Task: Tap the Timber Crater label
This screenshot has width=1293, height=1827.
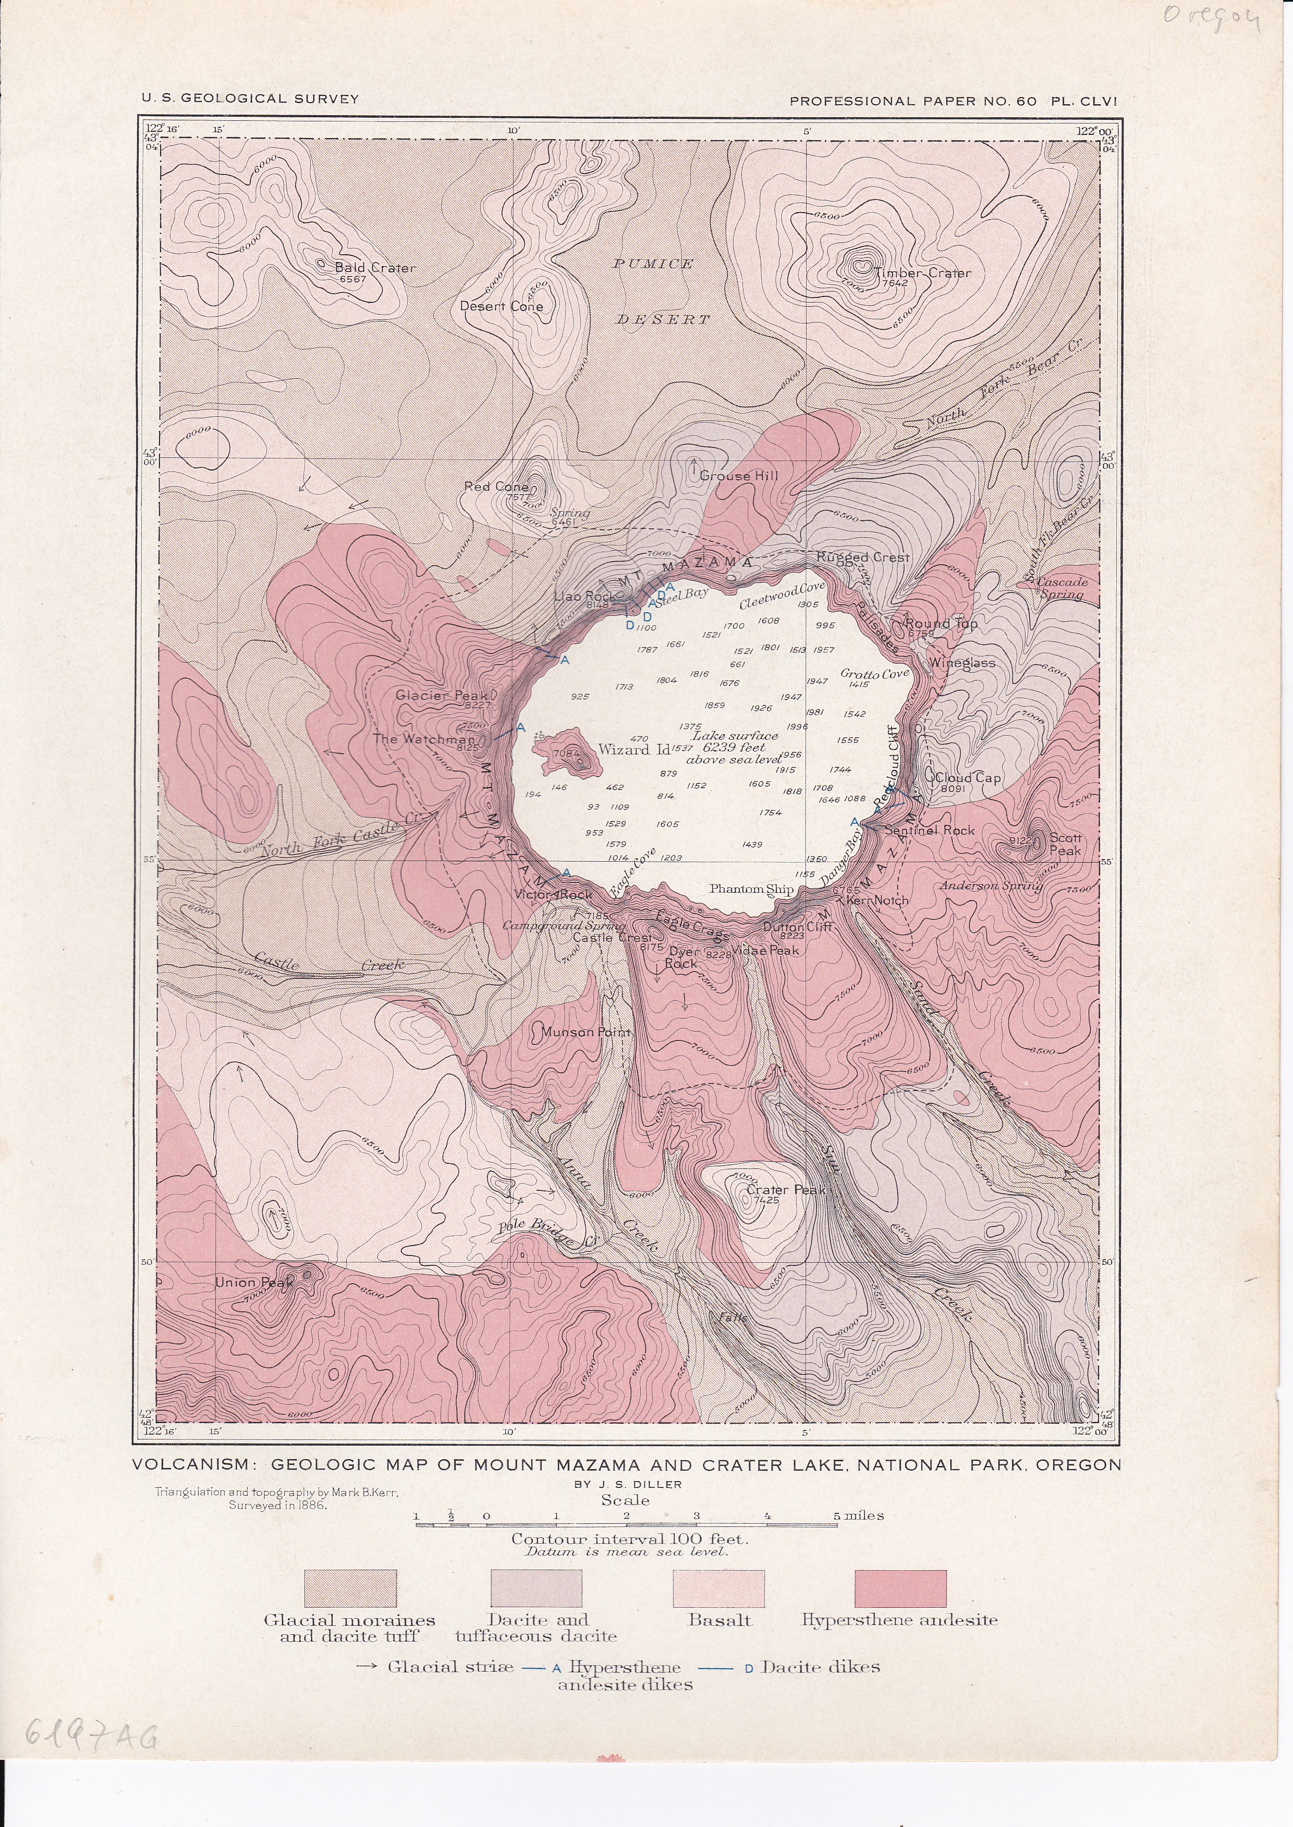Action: pos(923,273)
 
